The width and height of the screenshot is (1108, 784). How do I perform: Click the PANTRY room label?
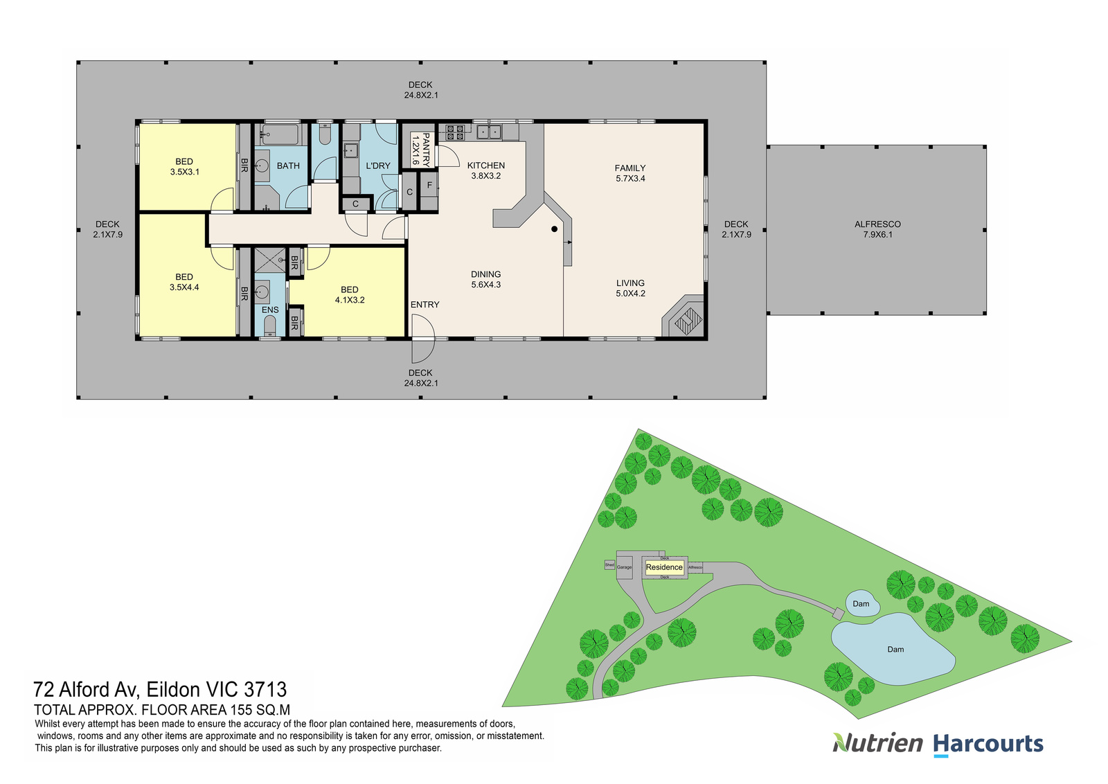pos(421,150)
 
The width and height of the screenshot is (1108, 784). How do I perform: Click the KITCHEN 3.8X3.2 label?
pos(486,170)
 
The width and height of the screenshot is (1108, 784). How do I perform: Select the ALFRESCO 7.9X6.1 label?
pos(877,229)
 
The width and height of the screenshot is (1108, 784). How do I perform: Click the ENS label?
pos(270,310)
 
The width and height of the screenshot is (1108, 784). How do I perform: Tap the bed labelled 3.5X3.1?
pos(184,167)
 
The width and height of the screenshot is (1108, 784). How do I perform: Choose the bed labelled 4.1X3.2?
pos(350,295)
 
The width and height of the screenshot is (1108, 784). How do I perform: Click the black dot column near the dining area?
pos(554,229)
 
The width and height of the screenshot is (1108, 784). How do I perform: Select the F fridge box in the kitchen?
pos(429,186)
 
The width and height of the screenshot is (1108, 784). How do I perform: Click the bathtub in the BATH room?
pos(280,134)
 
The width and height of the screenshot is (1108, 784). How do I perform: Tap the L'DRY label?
pos(378,166)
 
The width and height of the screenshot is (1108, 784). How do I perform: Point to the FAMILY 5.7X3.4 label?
pos(630,173)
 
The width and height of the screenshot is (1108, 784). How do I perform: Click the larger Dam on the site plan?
pos(895,650)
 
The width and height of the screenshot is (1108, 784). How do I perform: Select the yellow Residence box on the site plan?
pos(664,567)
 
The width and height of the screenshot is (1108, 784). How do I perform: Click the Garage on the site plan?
pos(624,567)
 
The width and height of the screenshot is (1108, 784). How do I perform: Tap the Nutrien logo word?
pos(878,744)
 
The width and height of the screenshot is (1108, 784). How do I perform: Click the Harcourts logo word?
pos(988,745)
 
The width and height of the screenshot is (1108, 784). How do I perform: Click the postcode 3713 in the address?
pos(265,690)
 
